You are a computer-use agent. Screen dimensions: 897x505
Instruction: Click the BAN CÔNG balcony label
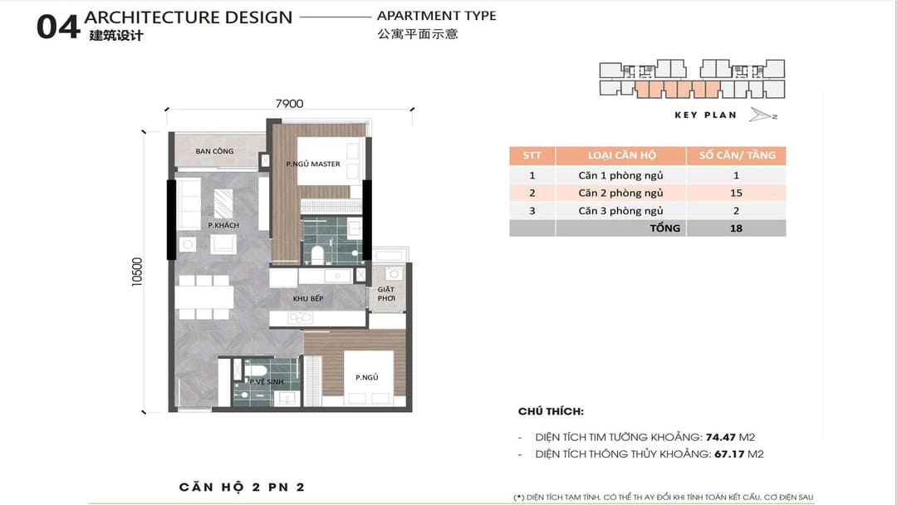(214, 151)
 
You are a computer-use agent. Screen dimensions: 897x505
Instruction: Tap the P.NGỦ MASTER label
(313, 164)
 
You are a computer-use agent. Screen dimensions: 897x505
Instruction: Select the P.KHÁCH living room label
(223, 225)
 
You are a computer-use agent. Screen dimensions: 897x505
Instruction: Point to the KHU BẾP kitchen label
(308, 298)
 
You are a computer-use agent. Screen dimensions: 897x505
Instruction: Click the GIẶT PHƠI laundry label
(386, 294)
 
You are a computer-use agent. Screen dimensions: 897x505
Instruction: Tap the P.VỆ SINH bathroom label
(267, 381)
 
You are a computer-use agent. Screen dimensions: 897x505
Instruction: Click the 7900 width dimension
(290, 104)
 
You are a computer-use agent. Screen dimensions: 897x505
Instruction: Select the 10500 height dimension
(137, 272)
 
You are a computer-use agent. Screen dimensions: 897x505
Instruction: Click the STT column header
(532, 155)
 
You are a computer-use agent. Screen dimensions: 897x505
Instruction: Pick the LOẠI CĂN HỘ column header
(622, 155)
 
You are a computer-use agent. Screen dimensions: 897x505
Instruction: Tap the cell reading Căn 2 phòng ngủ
(620, 193)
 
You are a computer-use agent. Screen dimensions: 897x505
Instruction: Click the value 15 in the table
(736, 193)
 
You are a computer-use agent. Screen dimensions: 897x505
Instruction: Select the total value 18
(736, 228)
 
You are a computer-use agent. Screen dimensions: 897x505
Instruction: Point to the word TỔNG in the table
(665, 228)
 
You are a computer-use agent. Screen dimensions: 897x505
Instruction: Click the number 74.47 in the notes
(720, 438)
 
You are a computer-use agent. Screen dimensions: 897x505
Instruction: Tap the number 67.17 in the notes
(729, 454)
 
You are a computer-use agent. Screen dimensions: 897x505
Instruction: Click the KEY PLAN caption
(705, 115)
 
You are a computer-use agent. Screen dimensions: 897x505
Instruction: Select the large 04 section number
(58, 27)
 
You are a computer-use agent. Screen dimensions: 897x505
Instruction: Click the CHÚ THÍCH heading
(551, 411)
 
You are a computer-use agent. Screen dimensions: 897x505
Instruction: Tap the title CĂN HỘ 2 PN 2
(242, 488)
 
